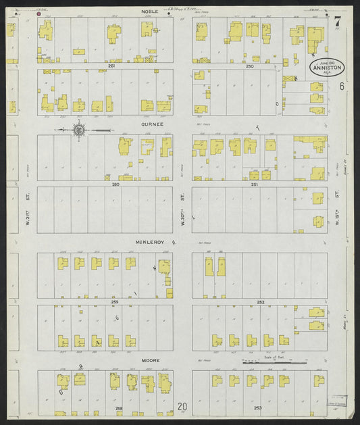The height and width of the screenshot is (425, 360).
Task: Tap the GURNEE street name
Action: pos(149,125)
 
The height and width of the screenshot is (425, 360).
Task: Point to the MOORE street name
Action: pos(150,360)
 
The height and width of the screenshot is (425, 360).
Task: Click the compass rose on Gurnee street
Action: pos(78,129)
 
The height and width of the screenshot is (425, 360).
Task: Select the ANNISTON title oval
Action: pos(328,68)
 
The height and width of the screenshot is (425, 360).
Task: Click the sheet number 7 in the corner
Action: pos(336,22)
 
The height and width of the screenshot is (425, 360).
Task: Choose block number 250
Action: pos(249,66)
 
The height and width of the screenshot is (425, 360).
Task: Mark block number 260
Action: pos(115,184)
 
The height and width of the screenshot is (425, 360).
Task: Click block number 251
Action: pos(254,184)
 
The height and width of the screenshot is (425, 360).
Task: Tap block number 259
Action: pos(115,301)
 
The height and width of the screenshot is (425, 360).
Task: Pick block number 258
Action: pos(119,409)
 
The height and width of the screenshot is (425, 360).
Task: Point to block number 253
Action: pos(257,409)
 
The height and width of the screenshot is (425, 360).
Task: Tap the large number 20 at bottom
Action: pos(182,407)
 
